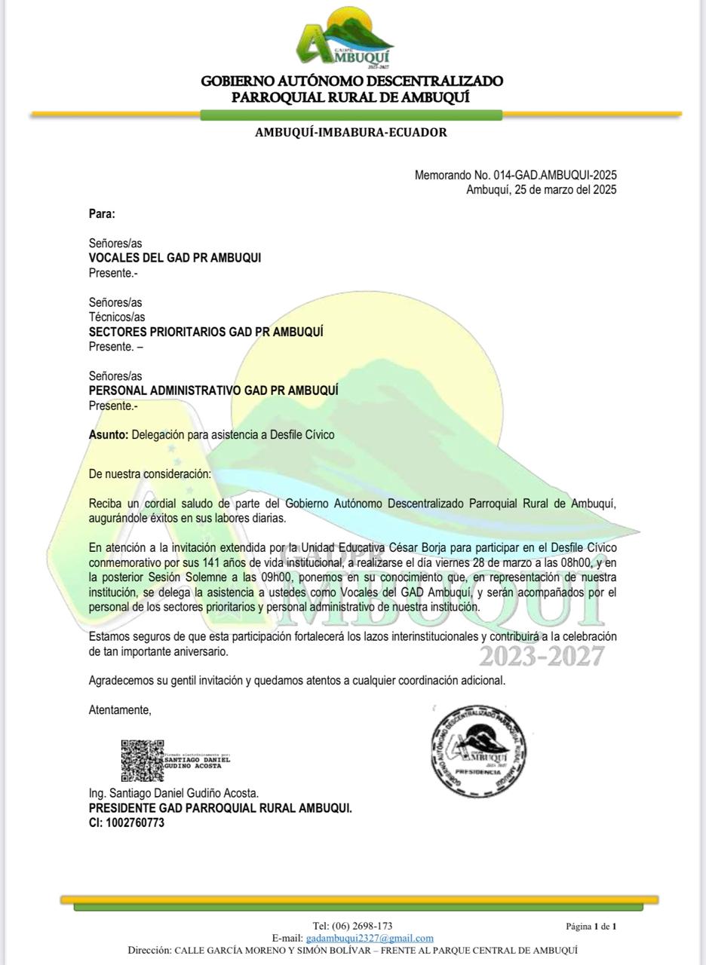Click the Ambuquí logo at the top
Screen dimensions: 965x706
[x=345, y=38]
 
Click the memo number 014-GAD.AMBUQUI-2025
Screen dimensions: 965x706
[x=554, y=175]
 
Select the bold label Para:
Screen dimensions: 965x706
[x=102, y=214]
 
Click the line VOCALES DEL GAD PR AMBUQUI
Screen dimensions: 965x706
[x=175, y=258]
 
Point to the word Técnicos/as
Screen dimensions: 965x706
[x=117, y=317]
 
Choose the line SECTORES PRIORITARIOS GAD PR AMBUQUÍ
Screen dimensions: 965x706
[x=206, y=332]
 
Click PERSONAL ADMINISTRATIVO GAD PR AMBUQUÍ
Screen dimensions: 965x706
[x=213, y=391]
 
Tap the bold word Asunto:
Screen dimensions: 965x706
[x=109, y=435]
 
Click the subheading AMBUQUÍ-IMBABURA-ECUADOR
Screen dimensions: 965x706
[x=351, y=133]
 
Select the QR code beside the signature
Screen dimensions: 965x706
[x=142, y=761]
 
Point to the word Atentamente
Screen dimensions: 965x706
[x=120, y=709]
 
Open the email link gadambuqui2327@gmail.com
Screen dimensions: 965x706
[x=370, y=938]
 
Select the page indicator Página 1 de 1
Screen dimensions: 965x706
[x=591, y=926]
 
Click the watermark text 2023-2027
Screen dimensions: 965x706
[x=542, y=656]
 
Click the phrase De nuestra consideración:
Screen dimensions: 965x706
[x=150, y=474]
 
